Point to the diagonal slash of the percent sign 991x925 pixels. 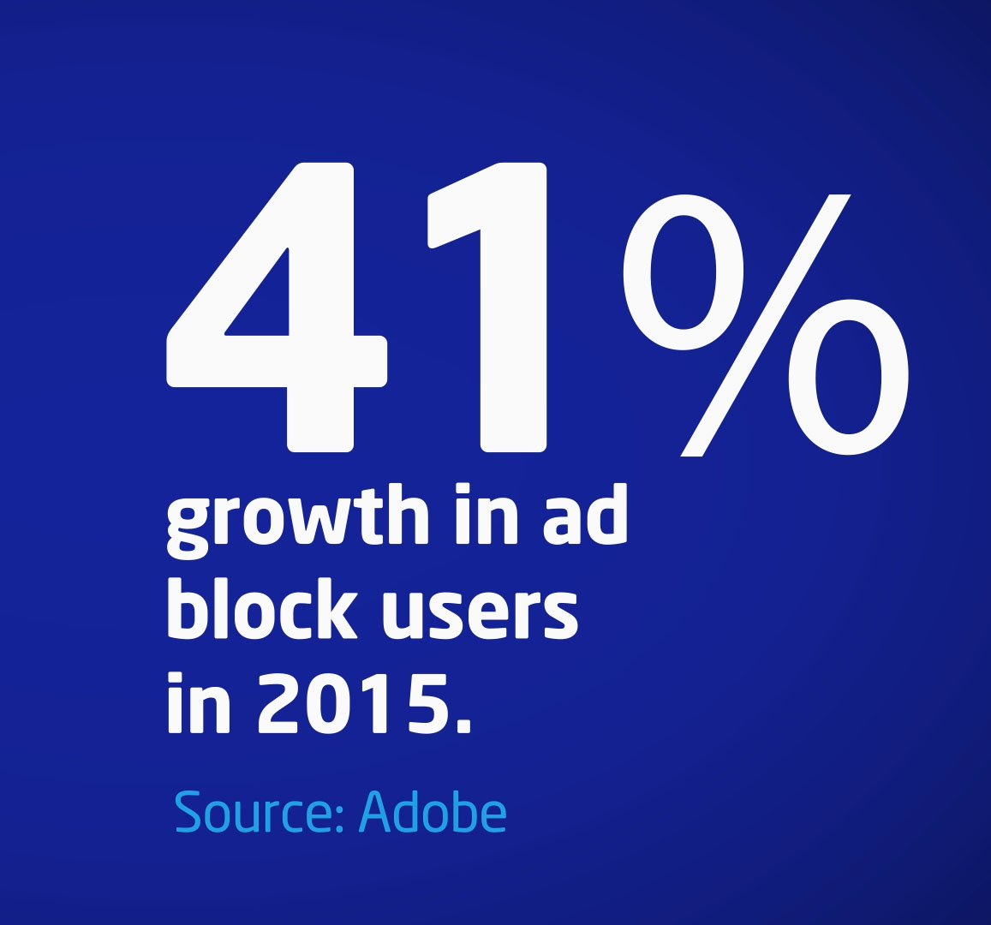[x=765, y=325]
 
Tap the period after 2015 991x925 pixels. [x=463, y=725]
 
